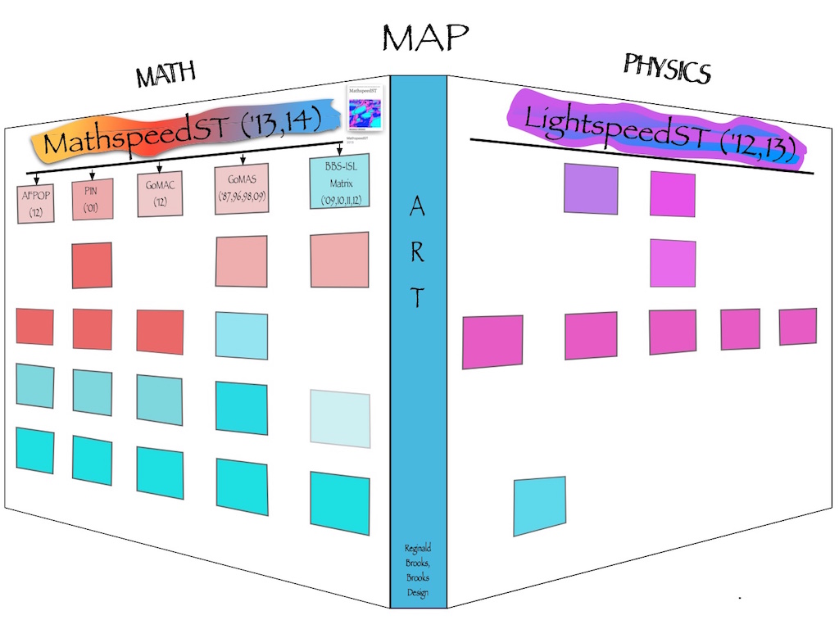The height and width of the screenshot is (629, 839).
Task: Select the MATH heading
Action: point(166,75)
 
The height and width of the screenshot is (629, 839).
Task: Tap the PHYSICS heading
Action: point(666,69)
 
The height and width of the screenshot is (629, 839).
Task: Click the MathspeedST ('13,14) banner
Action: point(202,140)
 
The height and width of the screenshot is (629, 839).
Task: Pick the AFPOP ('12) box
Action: point(35,201)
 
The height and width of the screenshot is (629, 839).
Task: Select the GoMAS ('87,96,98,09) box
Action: point(242,189)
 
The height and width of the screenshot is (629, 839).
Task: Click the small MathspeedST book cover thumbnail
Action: point(366,110)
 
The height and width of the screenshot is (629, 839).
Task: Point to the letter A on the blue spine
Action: point(416,209)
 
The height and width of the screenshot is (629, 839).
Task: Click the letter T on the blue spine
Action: point(417,299)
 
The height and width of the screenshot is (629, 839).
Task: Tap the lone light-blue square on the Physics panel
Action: point(539,506)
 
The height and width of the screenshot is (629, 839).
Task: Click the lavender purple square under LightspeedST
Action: point(591,189)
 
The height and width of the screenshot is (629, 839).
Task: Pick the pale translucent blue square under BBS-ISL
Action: point(340,419)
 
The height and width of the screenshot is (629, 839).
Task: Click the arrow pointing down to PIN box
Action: point(92,174)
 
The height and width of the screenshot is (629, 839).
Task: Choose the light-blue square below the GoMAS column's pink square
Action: point(242,336)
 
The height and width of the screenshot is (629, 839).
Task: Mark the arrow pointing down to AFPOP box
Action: point(36,179)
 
